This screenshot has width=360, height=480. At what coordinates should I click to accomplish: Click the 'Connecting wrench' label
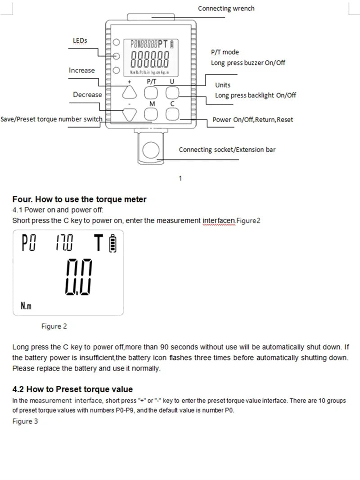pos(226,9)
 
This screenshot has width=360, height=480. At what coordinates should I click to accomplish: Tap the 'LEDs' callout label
pos(80,41)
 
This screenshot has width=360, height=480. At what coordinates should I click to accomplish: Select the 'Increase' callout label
pos(81,70)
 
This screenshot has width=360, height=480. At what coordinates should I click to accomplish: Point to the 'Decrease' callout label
pos(87,95)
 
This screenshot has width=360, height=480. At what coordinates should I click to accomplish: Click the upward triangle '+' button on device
pos(129,93)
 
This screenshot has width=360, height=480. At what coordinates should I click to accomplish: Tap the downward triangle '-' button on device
pos(129,114)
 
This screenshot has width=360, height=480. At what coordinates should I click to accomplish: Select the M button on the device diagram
pos(151,114)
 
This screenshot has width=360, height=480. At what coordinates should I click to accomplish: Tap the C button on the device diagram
pos(172,114)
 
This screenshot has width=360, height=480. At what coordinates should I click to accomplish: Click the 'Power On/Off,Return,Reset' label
pos(252,120)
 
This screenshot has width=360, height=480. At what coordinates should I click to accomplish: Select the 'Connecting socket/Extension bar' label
pos(227,149)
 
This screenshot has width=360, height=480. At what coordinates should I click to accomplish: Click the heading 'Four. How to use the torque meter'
pos(79,199)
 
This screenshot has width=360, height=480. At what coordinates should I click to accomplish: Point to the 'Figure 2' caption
pos(54,326)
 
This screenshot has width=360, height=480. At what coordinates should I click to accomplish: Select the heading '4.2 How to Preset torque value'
pos(72,389)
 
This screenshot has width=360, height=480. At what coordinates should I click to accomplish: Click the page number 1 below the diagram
pos(180,178)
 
